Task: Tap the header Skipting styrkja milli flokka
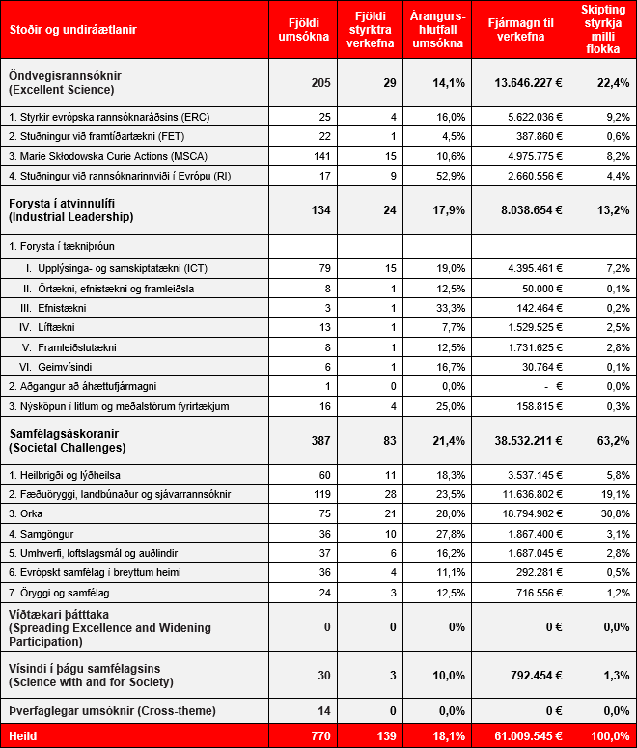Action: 601,29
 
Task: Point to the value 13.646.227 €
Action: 516,83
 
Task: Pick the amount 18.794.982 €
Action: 516,513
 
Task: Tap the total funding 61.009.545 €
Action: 516,736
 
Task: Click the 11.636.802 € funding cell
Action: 516,494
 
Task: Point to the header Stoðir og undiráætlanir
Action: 72,30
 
